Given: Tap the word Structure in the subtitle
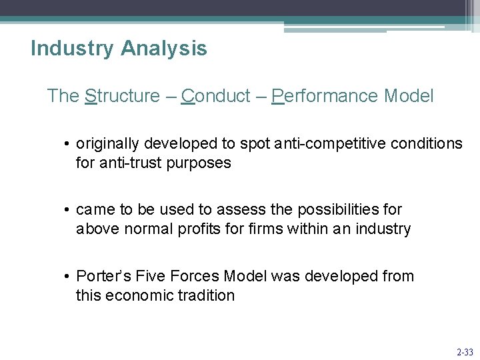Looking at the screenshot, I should click(123, 96).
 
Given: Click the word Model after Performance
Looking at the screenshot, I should click(409, 96).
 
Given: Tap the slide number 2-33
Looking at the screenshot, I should click(464, 352).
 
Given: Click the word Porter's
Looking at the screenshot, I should click(103, 276).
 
